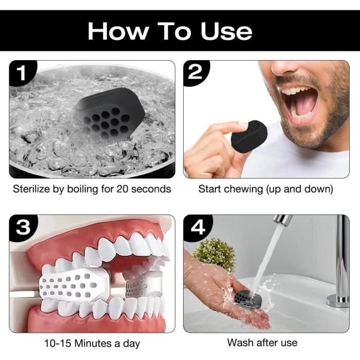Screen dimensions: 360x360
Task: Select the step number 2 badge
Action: (195, 73)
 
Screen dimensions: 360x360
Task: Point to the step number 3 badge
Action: (23, 227)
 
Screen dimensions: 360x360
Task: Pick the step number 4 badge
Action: (197, 227)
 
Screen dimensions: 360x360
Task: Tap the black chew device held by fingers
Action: (249, 136)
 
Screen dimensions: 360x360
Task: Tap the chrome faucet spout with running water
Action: (282, 220)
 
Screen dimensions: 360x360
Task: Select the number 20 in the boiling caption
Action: (122, 189)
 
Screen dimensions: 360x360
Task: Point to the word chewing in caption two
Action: (244, 190)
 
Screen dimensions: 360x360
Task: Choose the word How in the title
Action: (118, 31)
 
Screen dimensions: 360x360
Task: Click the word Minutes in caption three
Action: (94, 344)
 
